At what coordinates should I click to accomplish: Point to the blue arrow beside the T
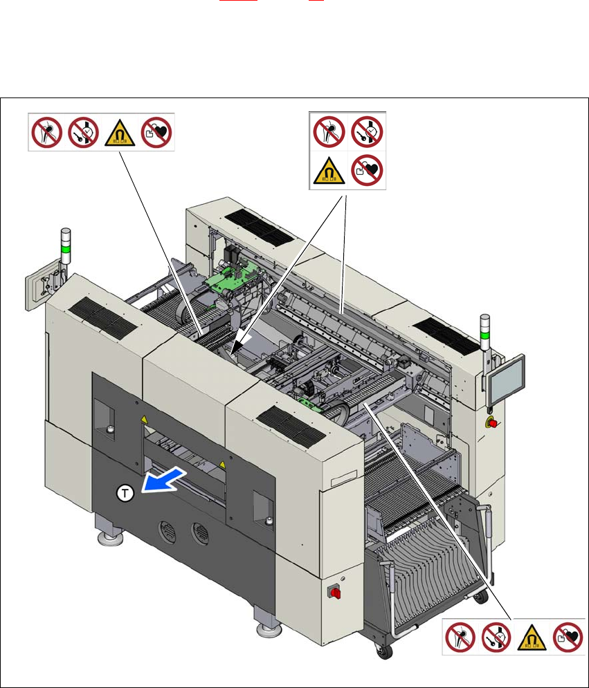point(163,480)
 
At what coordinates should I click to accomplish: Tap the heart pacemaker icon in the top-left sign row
point(156,131)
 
